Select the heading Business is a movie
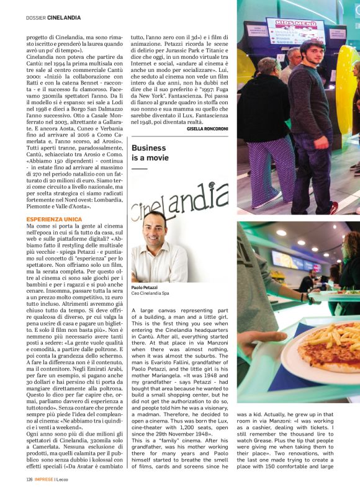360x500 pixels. (x=149, y=153)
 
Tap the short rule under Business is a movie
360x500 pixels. (x=139, y=168)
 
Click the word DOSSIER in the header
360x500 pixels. (x=37, y=17)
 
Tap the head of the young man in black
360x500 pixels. (x=311, y=53)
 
